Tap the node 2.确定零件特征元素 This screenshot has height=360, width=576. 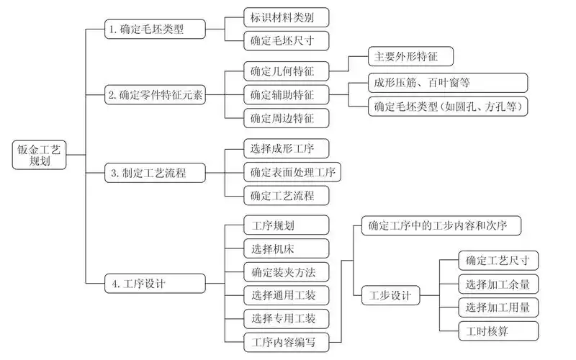coord(156,94)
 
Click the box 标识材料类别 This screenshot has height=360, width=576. coord(277,17)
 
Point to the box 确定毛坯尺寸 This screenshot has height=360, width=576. coord(277,40)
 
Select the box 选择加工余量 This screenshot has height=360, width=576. coord(497,284)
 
